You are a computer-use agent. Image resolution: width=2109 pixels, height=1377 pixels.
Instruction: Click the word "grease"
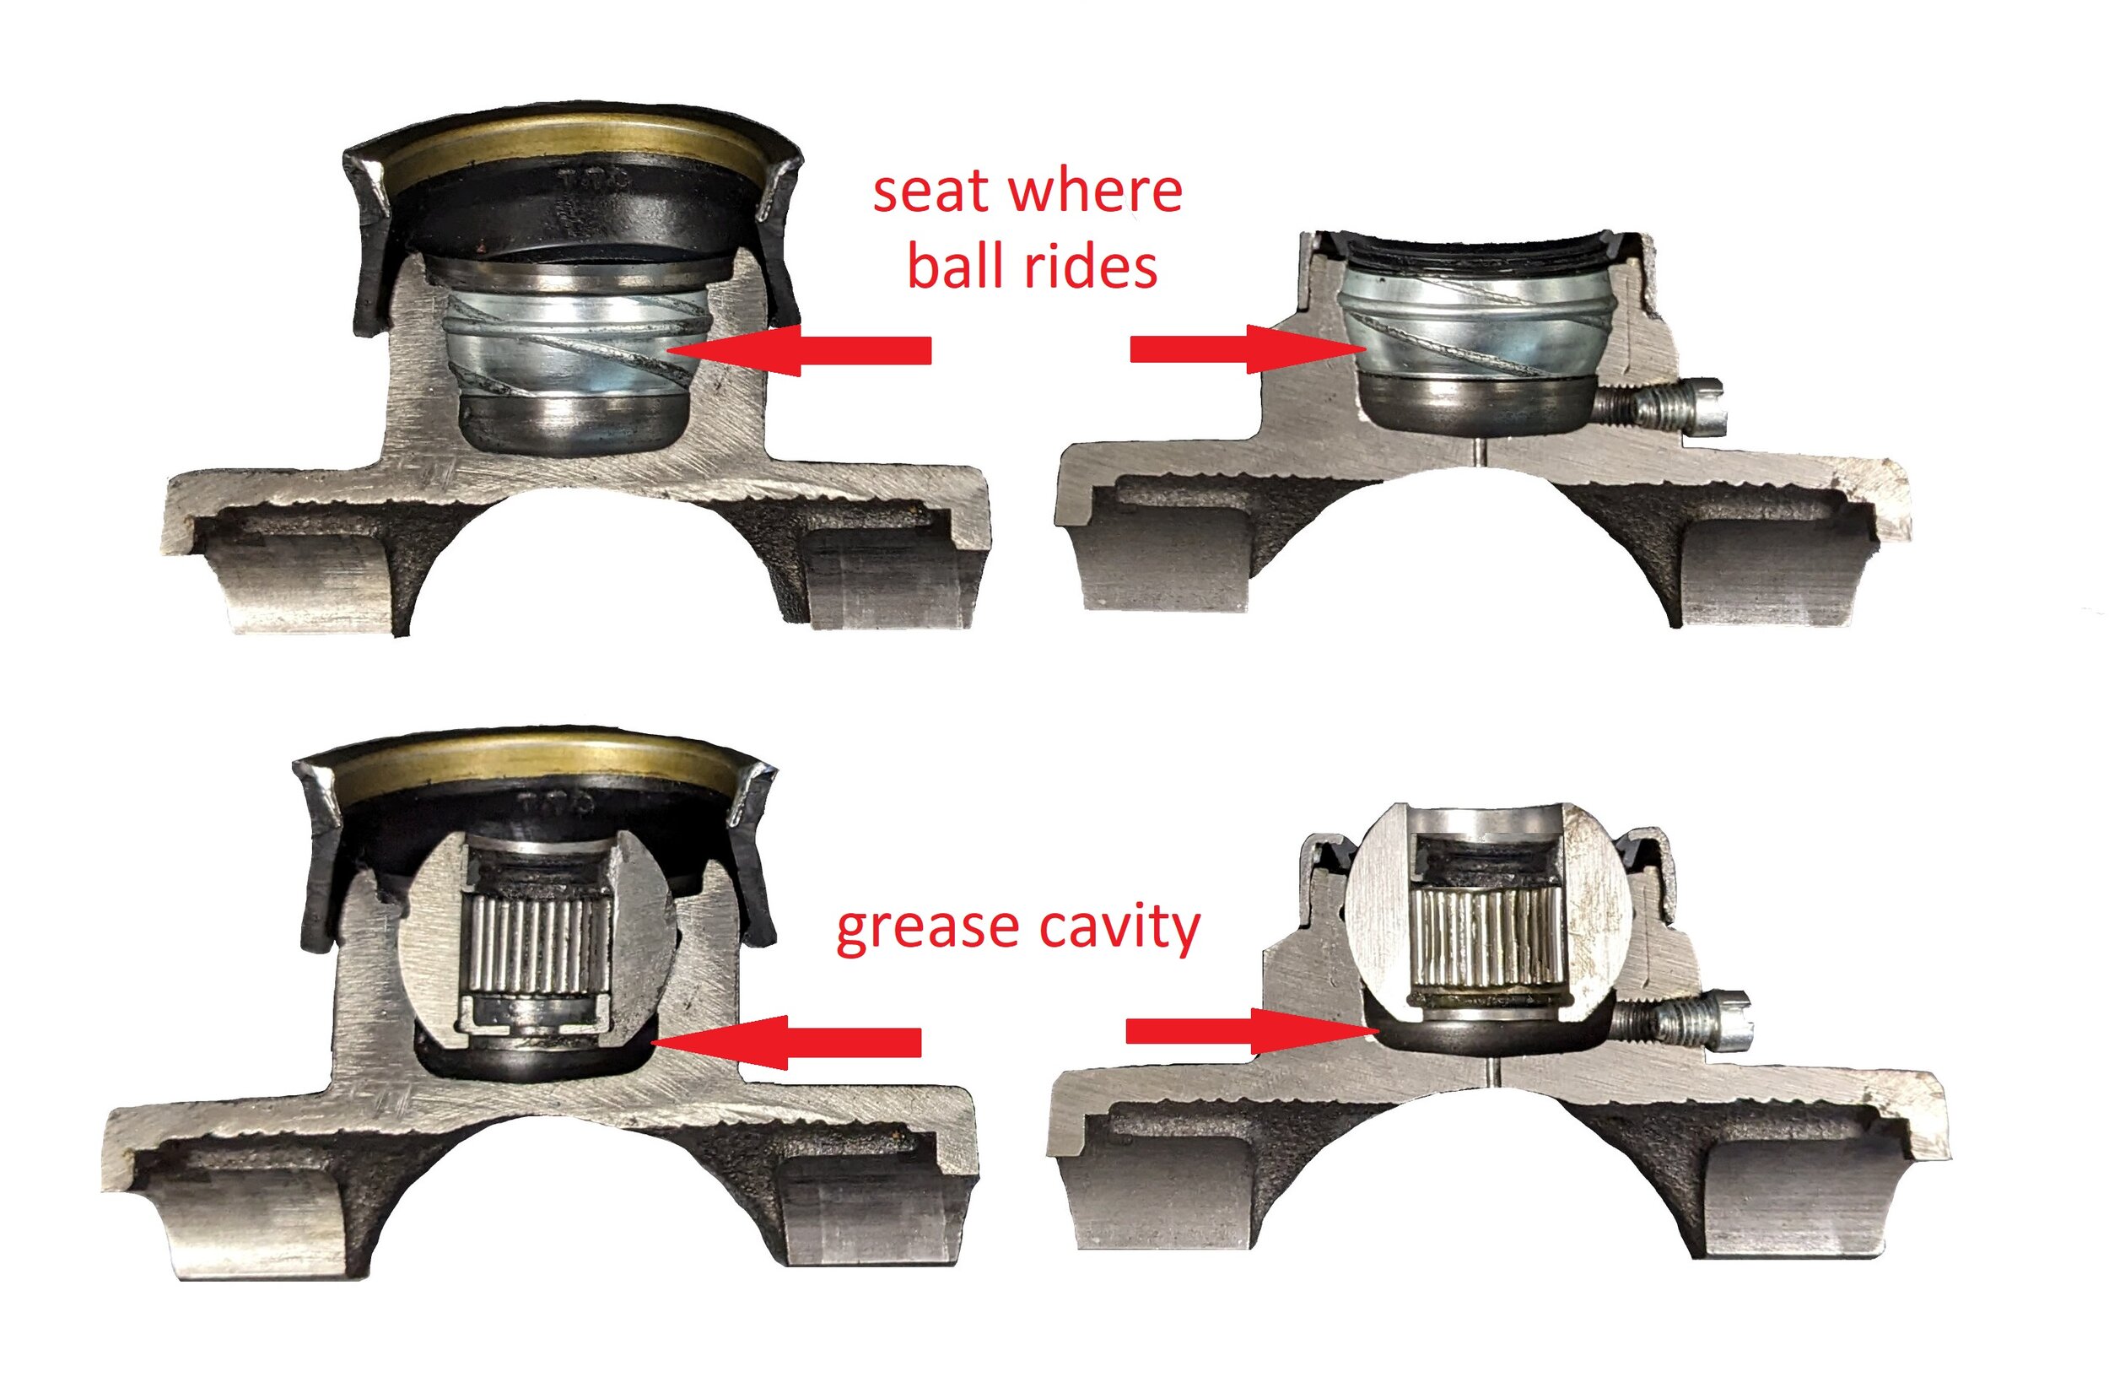(928, 930)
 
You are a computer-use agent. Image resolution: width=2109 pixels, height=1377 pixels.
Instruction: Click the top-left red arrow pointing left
(798, 350)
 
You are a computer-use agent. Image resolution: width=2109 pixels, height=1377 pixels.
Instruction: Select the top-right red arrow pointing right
(1249, 349)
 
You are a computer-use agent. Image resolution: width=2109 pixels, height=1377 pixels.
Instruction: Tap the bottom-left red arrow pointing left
(787, 1042)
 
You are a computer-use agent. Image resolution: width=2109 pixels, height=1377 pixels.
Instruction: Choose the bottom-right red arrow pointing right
(1253, 1030)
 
